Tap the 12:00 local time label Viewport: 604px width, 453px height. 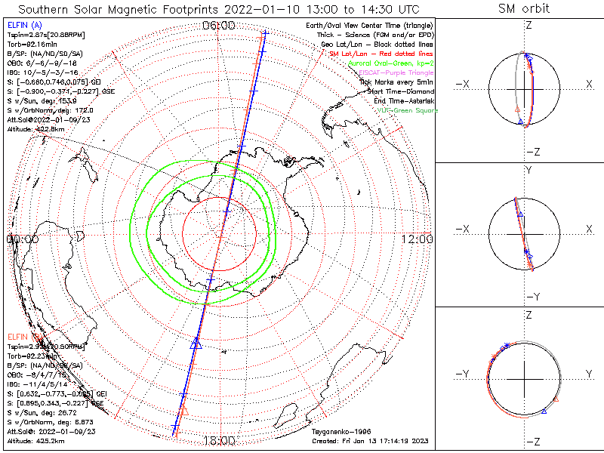click(x=418, y=239)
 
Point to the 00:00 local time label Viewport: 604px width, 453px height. click(x=22, y=239)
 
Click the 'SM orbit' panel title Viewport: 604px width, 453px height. click(x=524, y=9)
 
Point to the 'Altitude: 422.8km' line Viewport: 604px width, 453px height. click(x=39, y=129)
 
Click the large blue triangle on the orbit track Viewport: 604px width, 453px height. click(x=196, y=344)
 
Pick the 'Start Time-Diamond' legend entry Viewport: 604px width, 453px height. click(x=398, y=91)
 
